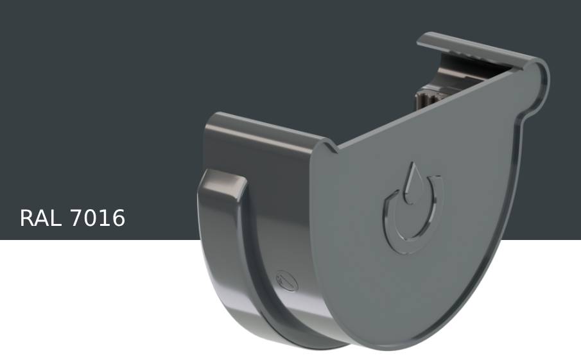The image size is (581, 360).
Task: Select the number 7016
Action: click(x=98, y=218)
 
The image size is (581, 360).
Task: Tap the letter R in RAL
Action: click(x=27, y=218)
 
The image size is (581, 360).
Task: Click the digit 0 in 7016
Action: click(x=91, y=218)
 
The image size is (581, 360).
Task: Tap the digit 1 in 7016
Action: click(x=105, y=218)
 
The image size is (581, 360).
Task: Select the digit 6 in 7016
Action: click(x=118, y=218)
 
